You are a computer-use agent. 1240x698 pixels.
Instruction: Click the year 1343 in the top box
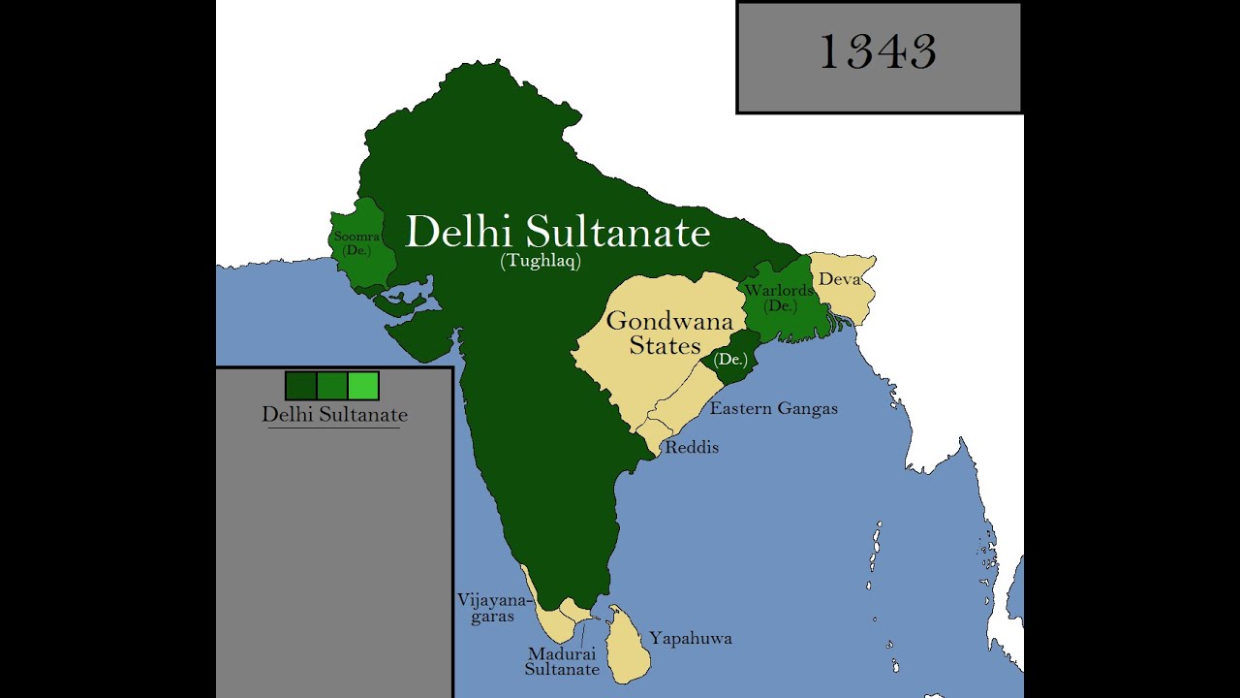tap(878, 52)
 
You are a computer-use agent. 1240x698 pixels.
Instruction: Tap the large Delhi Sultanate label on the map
tap(557, 233)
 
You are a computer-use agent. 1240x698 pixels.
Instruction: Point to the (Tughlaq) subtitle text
tap(541, 261)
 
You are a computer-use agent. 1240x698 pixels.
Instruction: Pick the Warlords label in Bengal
tap(779, 291)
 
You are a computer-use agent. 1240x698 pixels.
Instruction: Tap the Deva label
tap(839, 279)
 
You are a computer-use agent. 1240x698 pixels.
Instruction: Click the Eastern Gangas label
tap(773, 408)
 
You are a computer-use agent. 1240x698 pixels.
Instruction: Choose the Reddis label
tap(691, 448)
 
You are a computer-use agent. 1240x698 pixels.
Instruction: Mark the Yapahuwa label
tap(690, 638)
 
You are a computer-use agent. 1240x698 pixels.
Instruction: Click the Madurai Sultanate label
tap(562, 661)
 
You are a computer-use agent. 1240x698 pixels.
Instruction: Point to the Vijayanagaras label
tap(492, 608)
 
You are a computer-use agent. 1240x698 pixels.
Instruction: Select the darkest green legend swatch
tap(300, 386)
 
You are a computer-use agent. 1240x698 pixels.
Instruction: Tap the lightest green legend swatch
tap(363, 386)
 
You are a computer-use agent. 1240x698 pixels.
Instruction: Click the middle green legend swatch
tap(332, 386)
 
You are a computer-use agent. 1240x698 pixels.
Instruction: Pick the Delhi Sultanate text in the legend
tap(334, 415)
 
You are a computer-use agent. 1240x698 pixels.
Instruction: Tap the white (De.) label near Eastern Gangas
tap(729, 360)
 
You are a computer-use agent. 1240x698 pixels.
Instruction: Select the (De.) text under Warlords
tap(779, 305)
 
